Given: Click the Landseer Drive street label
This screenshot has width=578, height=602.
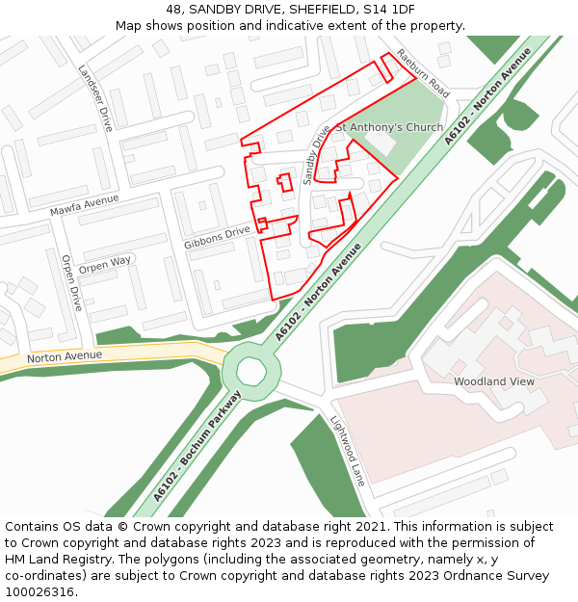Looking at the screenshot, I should [95, 97].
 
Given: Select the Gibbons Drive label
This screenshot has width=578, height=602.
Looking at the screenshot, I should [217, 237].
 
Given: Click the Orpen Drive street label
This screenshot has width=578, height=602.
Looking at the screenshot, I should [72, 282].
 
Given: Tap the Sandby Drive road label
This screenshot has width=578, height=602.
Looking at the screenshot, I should [316, 154].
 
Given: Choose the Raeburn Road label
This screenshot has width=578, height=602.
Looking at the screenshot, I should [424, 73].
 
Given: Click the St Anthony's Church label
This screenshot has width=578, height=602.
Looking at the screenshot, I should [389, 127].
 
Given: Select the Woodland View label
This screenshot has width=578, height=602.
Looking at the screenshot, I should [493, 381].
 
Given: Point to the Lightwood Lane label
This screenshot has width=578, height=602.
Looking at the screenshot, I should [348, 451].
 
